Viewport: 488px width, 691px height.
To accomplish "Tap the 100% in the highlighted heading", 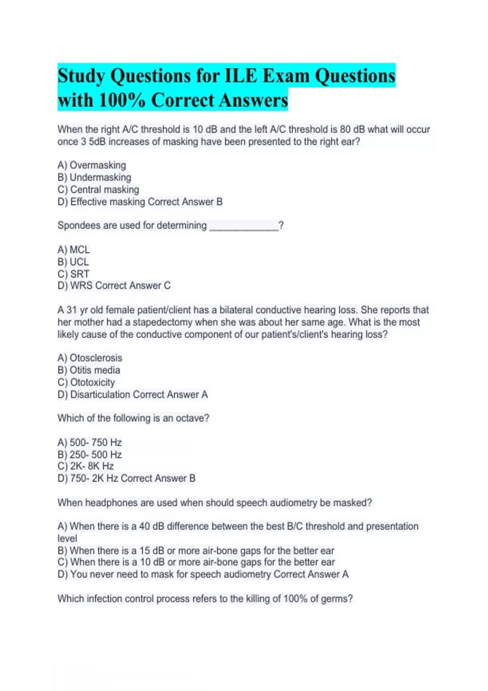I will [122, 100].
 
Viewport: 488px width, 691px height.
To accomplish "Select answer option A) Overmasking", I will [92, 165].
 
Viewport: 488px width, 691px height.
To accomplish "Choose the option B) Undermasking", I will [94, 177].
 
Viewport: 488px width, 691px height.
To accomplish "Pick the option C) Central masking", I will [98, 189].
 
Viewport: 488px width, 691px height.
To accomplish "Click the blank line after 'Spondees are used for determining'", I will [244, 226].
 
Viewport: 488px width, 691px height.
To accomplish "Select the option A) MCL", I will [74, 250].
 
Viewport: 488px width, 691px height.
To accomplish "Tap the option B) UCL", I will [73, 262].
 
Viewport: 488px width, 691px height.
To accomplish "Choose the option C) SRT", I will [73, 274].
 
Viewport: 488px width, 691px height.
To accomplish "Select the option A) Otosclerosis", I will [90, 358].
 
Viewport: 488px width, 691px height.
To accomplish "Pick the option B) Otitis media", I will [89, 370].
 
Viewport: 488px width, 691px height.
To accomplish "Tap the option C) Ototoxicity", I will [86, 382].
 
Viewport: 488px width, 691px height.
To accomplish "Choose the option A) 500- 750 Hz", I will [90, 442].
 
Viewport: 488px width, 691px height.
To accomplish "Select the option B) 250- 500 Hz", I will [90, 454].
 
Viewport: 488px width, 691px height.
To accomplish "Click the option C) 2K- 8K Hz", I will [86, 466].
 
